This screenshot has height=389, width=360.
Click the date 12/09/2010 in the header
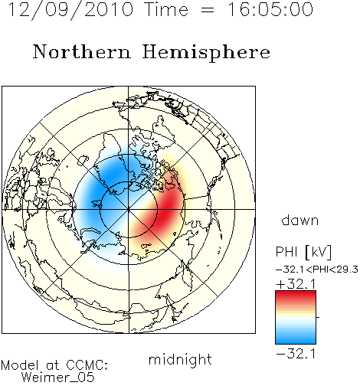(x=71, y=9)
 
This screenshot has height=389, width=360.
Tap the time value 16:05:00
(x=270, y=9)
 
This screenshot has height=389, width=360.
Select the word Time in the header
(x=166, y=9)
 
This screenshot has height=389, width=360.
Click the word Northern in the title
(x=81, y=51)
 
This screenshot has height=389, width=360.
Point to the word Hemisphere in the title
(x=206, y=53)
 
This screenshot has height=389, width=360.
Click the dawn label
(x=300, y=220)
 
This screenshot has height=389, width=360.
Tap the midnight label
(x=180, y=359)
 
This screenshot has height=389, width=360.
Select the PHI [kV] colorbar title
(x=303, y=252)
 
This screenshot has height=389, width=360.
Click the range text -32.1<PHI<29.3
(x=317, y=270)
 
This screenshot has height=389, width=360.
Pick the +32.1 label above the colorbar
(x=296, y=284)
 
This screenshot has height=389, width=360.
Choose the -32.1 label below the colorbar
(x=296, y=354)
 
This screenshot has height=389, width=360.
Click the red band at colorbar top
(x=296, y=294)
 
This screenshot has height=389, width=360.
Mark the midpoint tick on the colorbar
(x=318, y=317)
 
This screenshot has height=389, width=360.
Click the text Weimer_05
(x=58, y=378)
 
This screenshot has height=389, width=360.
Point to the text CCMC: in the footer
(x=87, y=365)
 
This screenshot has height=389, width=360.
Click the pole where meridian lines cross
(x=129, y=210)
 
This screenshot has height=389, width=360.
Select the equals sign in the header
(x=208, y=10)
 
